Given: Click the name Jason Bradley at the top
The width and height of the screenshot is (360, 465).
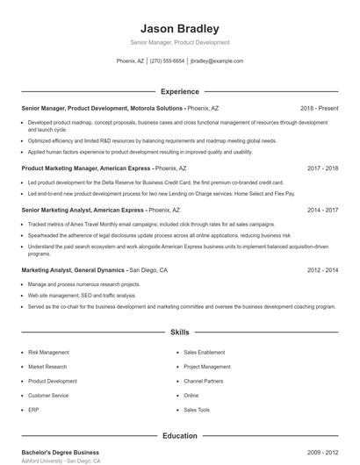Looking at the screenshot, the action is coord(180,28).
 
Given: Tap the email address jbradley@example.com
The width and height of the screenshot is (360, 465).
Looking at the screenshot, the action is coord(217,61).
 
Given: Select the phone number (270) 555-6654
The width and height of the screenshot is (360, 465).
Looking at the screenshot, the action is coord(167,61).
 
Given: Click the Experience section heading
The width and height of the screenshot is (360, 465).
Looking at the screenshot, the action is coord(180,91).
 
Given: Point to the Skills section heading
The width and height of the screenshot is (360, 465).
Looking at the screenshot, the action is coord(180,333).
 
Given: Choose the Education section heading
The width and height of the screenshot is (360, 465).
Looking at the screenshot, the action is coord(180,435).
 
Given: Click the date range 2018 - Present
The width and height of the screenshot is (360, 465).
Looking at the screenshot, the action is coord(319,108).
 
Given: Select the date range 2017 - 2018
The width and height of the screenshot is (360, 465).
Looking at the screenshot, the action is coord(322,168).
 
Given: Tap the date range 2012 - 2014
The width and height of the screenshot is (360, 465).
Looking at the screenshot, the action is coord(322,270).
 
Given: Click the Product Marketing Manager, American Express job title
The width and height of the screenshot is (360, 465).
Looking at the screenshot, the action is coord(98,168).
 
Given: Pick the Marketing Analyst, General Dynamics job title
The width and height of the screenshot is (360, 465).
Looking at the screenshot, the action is coord(74,270).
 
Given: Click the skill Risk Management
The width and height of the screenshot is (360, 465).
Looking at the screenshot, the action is coord(49,352).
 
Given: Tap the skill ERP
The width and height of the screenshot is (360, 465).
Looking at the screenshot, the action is coord(33,410).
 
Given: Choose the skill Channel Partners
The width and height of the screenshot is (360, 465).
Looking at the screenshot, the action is coord(204,381).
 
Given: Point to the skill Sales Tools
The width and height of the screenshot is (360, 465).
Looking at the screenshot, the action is coord(197,410).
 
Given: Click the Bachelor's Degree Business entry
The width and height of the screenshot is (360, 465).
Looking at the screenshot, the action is coord(61,452).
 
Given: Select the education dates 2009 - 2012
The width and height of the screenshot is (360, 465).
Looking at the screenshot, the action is coord(322,452).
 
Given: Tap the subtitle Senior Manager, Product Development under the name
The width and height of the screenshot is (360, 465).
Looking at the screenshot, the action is coord(180,42).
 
